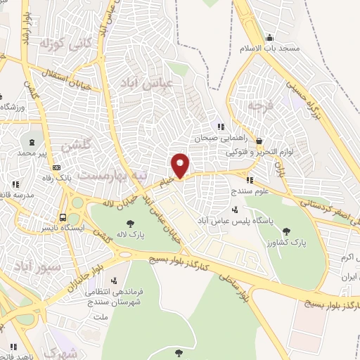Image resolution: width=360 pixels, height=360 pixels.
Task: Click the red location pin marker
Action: tap(181, 166)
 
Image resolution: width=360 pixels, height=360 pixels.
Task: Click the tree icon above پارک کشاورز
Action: tap(285, 231)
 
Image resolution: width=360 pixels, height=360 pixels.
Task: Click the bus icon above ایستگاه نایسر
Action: tap(63, 217)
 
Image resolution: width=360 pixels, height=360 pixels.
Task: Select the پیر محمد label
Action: tap(31, 152)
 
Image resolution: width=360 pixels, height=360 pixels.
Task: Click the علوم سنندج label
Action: tap(251, 191)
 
